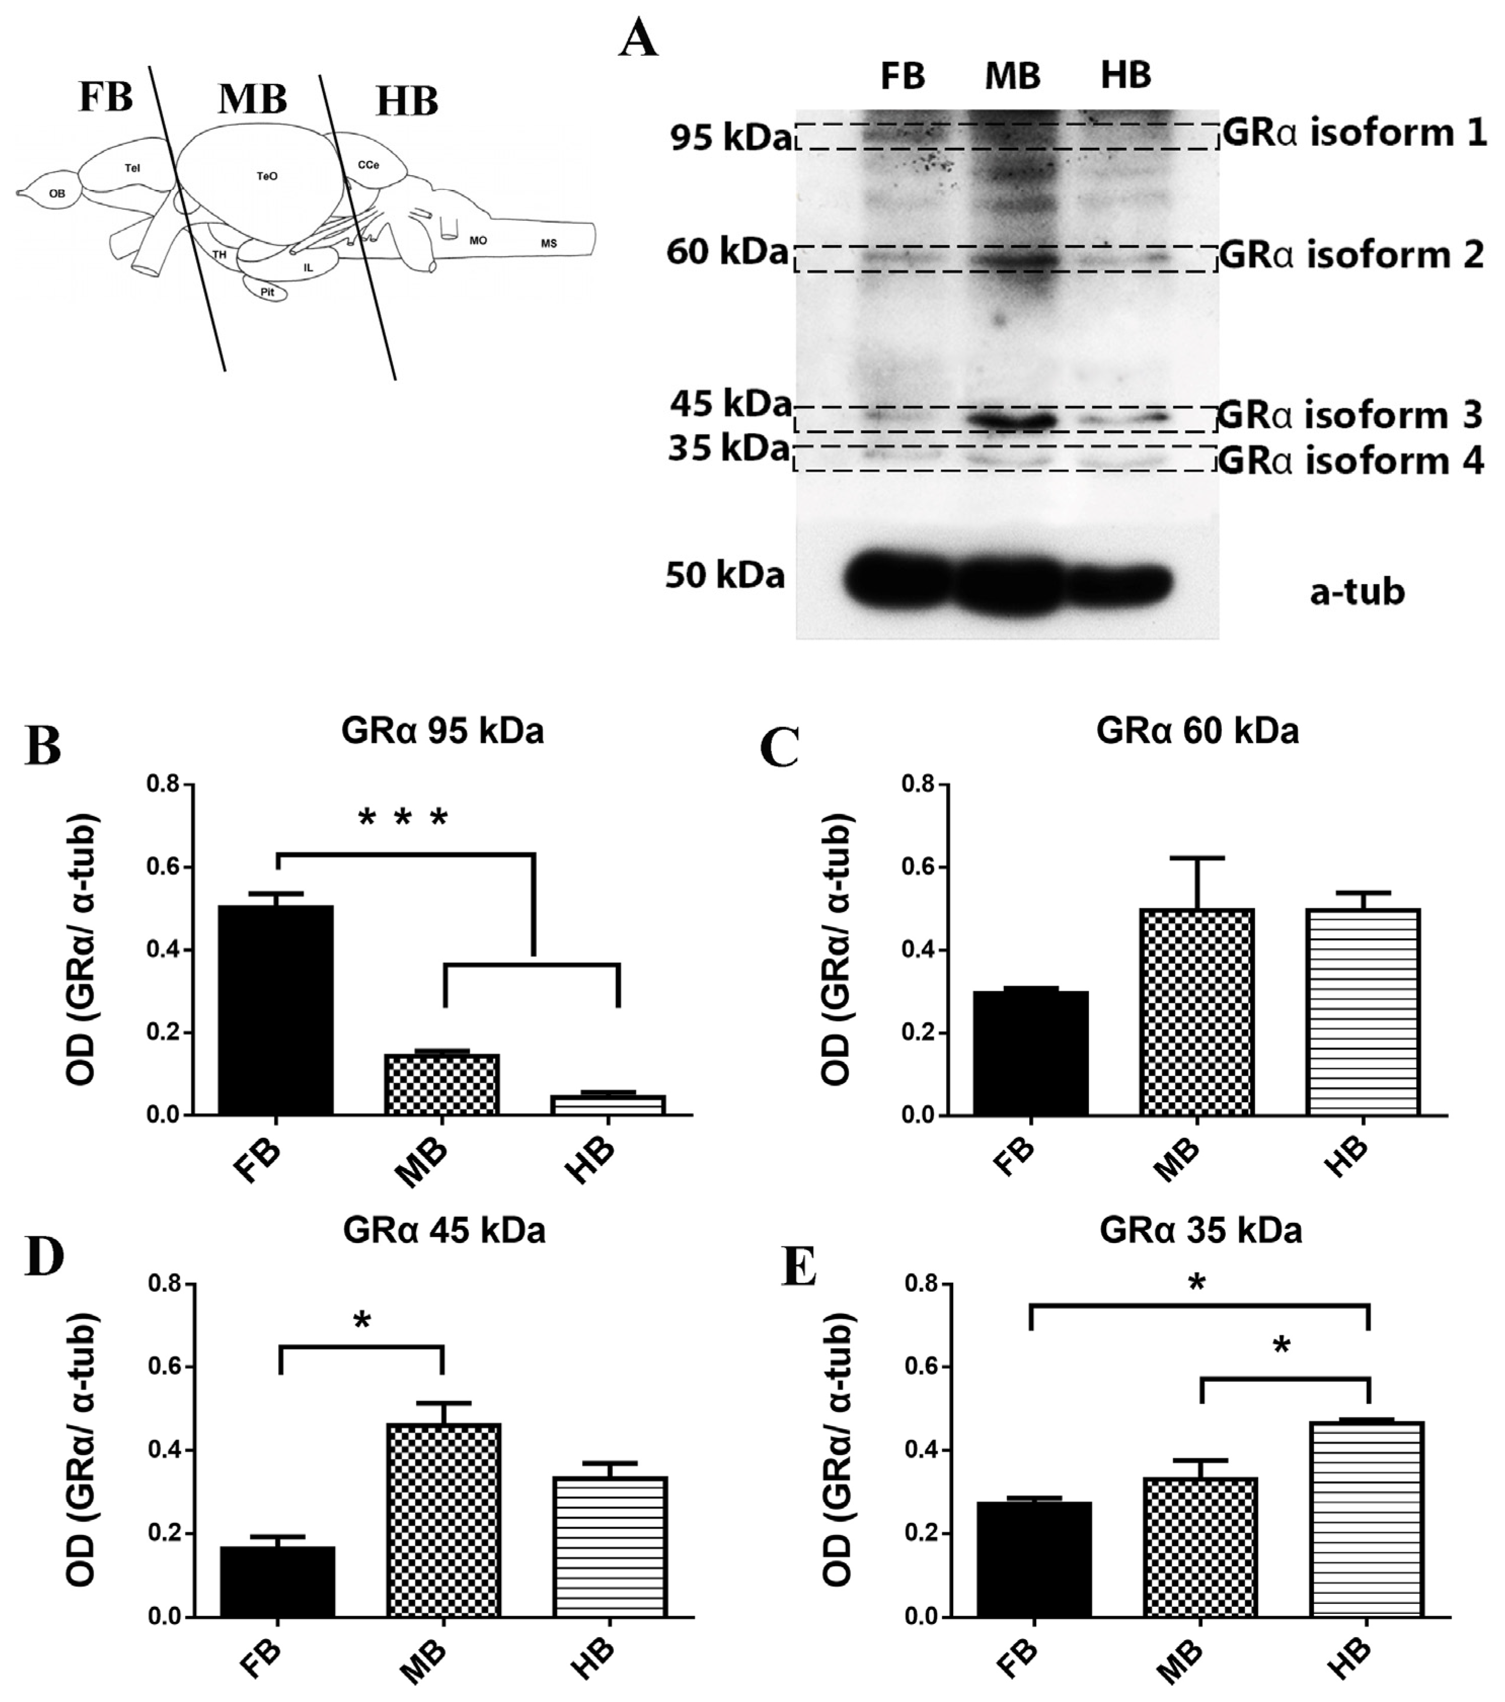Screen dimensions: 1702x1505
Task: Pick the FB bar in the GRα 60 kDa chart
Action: pos(1031,1053)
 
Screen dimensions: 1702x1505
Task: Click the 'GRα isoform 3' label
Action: pos(1350,415)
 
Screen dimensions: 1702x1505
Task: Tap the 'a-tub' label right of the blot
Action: pos(1357,592)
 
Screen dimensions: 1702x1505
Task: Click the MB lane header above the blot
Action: pos(1013,76)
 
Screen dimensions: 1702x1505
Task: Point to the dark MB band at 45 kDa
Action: pos(1013,419)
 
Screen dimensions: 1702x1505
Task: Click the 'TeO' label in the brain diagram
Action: pos(268,176)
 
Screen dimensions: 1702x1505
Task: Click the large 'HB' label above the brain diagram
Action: pos(406,102)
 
